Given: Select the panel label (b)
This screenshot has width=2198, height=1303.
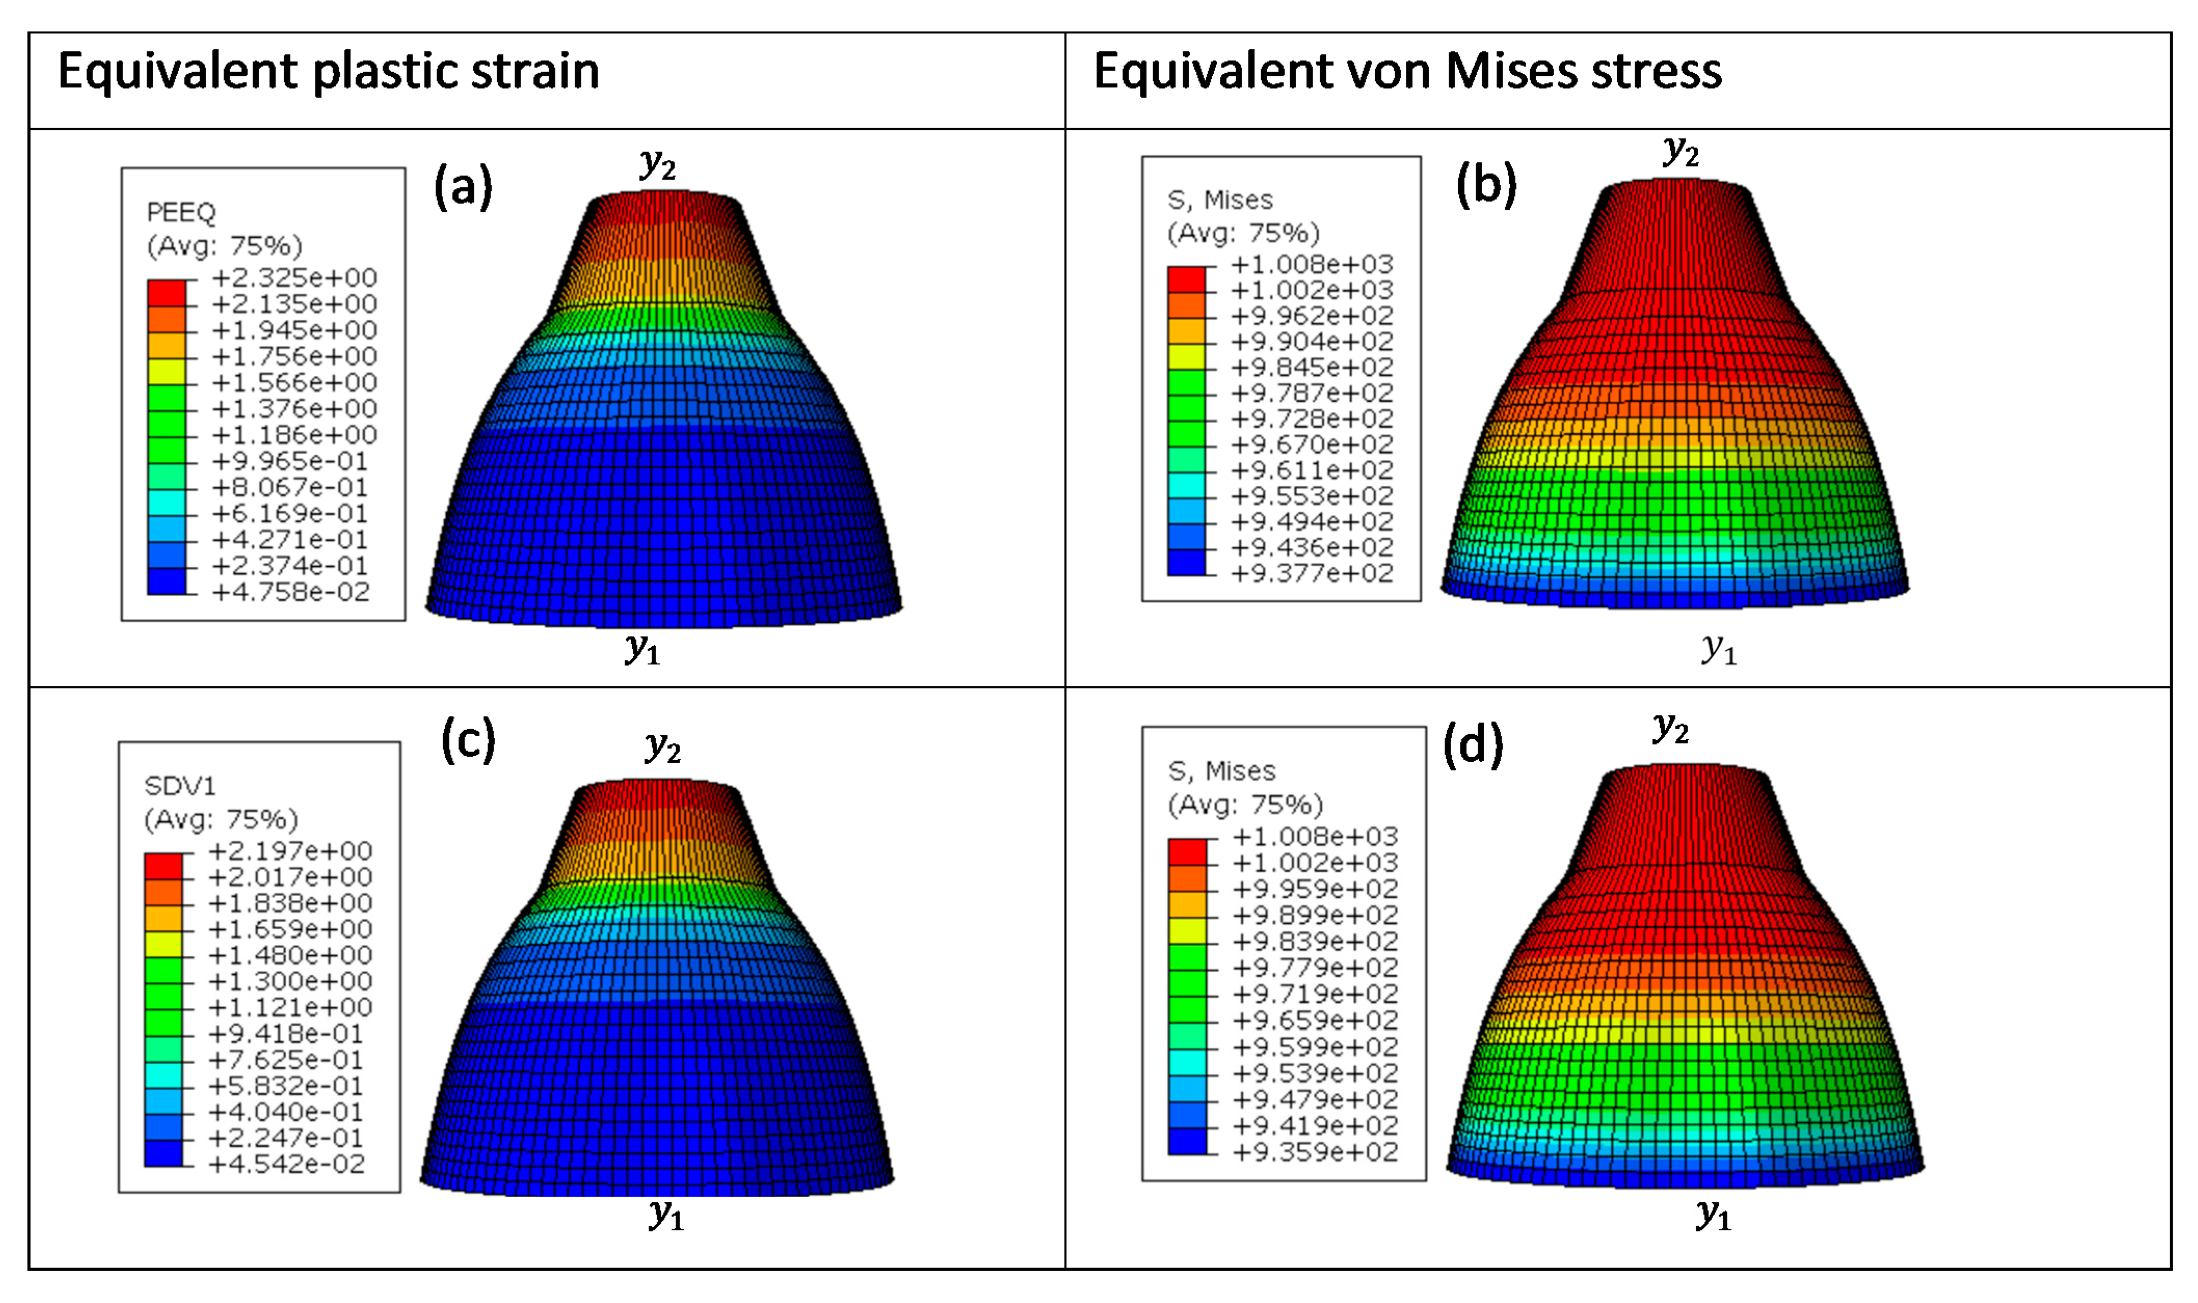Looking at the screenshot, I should (1486, 185).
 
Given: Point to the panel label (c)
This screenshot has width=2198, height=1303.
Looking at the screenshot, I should (468, 740).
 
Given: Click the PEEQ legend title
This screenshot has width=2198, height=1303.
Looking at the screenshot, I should (181, 212).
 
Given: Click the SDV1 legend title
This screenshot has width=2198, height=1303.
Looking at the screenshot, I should (179, 786).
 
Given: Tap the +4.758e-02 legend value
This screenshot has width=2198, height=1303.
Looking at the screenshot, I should (291, 593).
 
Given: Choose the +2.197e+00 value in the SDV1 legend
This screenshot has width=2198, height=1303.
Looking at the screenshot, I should (290, 851).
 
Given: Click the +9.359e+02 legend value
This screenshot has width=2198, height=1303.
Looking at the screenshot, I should (1315, 1152).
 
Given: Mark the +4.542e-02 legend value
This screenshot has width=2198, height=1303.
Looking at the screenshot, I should (286, 1164).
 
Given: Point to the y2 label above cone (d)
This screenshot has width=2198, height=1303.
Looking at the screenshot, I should (1670, 729).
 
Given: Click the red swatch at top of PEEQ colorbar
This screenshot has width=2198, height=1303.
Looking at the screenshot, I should (167, 292).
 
